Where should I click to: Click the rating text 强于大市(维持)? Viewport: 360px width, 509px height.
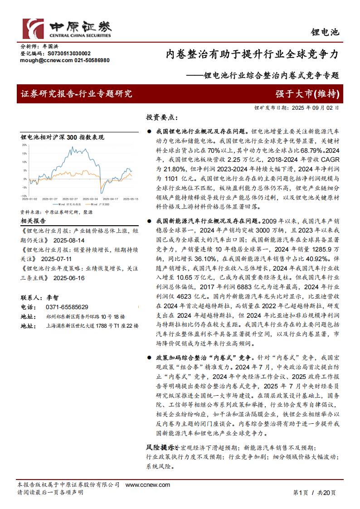[x=307, y=94]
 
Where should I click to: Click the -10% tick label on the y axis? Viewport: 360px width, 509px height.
[x=24, y=196]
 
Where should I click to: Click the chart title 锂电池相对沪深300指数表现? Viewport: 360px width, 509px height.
[x=63, y=137]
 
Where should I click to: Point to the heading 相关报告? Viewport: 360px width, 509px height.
[x=33, y=221]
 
